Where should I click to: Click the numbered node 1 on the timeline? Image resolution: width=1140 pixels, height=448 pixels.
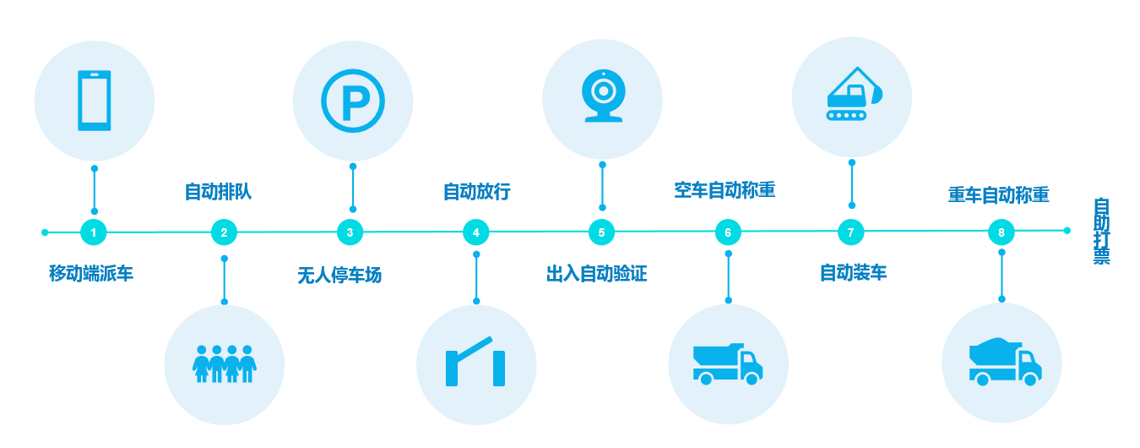pyautogui.click(x=94, y=232)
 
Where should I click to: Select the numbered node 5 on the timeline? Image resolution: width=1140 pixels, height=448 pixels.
pyautogui.click(x=601, y=232)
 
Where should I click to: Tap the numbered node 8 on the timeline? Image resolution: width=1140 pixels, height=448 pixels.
pyautogui.click(x=1002, y=232)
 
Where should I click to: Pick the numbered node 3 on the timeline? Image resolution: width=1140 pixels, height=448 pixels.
pyautogui.click(x=350, y=232)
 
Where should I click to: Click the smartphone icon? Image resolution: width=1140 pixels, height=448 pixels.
pyautogui.click(x=94, y=101)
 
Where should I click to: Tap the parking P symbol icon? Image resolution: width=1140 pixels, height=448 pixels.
pyautogui.click(x=353, y=101)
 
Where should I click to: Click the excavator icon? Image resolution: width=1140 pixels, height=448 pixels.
pyautogui.click(x=851, y=95)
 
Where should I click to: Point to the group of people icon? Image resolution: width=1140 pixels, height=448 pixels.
pyautogui.click(x=224, y=363)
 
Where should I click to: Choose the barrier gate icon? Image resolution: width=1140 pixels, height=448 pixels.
pyautogui.click(x=475, y=363)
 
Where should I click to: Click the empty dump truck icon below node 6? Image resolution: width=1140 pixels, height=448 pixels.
pyautogui.click(x=727, y=363)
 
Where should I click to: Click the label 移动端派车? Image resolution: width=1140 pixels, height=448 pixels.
pyautogui.click(x=91, y=274)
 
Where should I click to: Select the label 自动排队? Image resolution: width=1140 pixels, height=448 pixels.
pyautogui.click(x=218, y=192)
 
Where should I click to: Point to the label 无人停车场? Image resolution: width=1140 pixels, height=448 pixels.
pyautogui.click(x=339, y=276)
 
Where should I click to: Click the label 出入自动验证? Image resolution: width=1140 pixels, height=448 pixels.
pyautogui.click(x=596, y=274)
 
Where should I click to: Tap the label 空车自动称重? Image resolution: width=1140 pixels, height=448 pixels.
pyautogui.click(x=725, y=190)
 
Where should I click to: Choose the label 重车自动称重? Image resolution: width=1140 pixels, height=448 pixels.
pyautogui.click(x=998, y=195)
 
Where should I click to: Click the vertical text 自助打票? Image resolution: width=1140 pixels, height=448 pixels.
pyautogui.click(x=1101, y=232)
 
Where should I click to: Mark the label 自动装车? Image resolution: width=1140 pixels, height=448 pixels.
pyautogui.click(x=853, y=273)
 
